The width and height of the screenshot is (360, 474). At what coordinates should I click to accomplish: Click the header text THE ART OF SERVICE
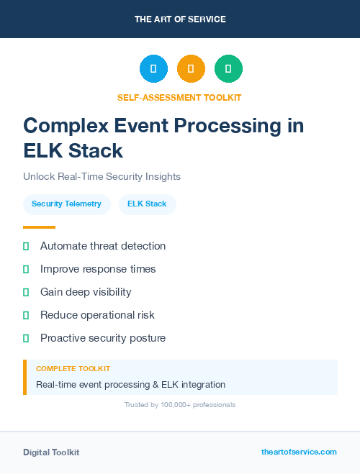[180, 19]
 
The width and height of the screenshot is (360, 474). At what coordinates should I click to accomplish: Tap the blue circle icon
[153, 69]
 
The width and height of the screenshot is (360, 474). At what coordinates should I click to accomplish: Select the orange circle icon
[191, 69]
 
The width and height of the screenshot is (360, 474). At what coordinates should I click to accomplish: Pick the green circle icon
[228, 69]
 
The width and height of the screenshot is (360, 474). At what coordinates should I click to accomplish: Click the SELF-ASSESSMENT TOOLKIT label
[179, 97]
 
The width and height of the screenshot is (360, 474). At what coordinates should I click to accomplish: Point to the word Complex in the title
[66, 126]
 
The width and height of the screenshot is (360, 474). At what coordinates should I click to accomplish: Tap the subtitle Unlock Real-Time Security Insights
[102, 176]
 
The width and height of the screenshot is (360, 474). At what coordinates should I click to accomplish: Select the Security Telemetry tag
[66, 204]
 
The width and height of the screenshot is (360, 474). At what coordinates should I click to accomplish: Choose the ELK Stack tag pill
[147, 204]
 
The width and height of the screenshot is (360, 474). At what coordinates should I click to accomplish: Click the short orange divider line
[39, 227]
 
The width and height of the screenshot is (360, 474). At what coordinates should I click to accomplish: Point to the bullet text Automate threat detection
[103, 246]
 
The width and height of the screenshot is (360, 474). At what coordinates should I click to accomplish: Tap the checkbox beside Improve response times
[26, 269]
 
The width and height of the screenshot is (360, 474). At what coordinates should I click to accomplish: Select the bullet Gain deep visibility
[86, 292]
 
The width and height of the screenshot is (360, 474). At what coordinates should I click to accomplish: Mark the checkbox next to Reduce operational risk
[26, 315]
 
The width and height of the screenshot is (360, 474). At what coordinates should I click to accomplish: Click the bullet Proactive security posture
[103, 338]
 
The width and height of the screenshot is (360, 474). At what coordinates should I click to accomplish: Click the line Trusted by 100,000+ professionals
[180, 405]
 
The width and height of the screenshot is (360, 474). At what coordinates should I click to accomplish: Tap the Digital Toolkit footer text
[51, 452]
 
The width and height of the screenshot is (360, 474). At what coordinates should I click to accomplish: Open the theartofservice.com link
[299, 452]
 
